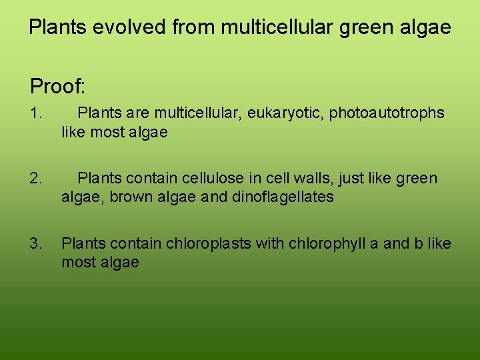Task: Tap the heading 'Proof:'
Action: pyautogui.click(x=57, y=86)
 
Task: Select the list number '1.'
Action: pyautogui.click(x=36, y=113)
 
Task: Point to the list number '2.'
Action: pyautogui.click(x=36, y=178)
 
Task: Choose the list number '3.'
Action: pyautogui.click(x=36, y=243)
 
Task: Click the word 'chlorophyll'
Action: pyautogui.click(x=327, y=243)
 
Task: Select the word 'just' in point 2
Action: pyautogui.click(x=351, y=178)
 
